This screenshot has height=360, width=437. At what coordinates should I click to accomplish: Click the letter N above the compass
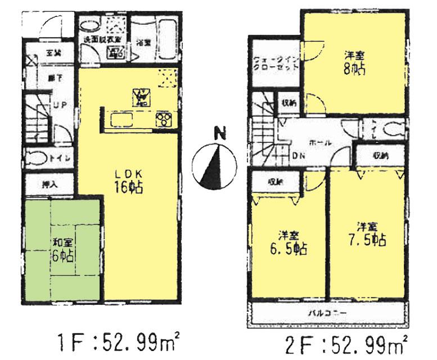222,134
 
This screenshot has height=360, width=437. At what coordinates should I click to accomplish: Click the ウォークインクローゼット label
275,61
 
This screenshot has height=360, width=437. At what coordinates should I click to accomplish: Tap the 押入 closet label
49,183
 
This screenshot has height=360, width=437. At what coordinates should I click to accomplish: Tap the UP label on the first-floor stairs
58,105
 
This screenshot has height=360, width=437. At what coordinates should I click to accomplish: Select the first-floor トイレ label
61,159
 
